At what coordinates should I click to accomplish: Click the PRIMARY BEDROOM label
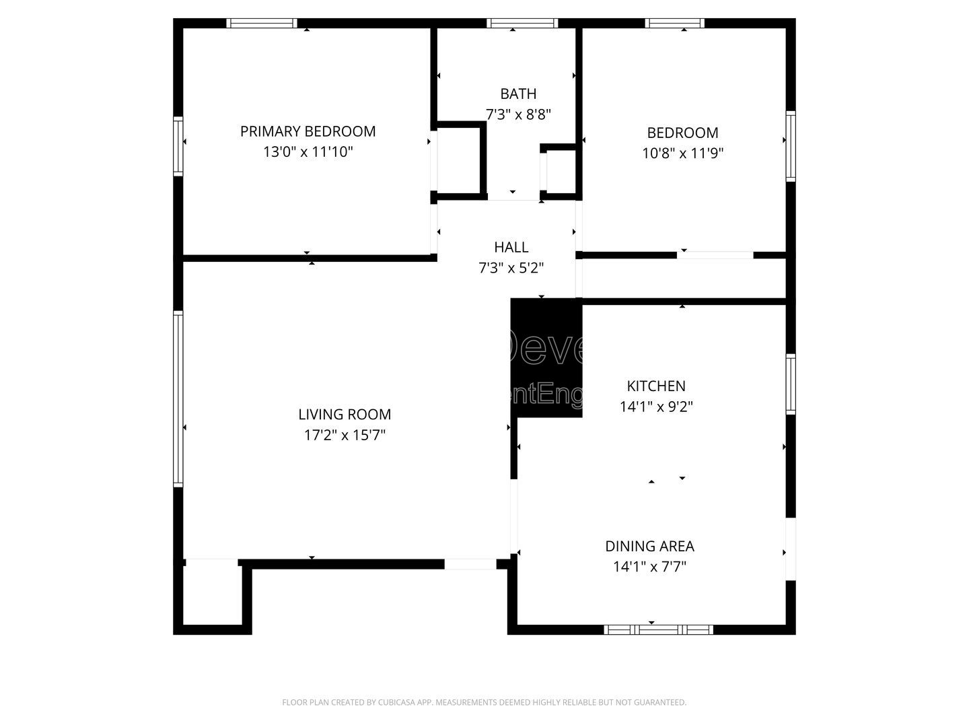pos(308,131)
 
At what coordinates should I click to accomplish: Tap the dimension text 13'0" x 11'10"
pos(308,152)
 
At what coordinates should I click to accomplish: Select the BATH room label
pos(518,94)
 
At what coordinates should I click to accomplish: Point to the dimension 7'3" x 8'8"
pos(518,114)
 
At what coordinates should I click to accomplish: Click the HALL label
pos(511,247)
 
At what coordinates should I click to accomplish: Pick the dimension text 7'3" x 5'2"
pos(511,268)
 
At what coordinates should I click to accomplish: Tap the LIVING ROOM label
pos(345,415)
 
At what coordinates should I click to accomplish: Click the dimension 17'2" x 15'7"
pos(345,436)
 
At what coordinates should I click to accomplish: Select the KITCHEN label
pos(656,386)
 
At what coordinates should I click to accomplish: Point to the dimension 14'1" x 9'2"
pos(656,407)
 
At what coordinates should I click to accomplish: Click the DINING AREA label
pos(649,546)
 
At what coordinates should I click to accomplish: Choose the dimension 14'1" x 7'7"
pos(649,567)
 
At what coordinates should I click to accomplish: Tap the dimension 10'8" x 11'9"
pos(682,153)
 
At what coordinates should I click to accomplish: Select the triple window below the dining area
pos(658,629)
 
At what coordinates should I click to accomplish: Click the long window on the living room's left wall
pos(178,399)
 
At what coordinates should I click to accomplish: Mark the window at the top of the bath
pos(522,23)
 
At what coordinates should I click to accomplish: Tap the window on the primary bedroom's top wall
pos(262,23)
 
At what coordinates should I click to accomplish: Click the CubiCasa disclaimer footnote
pos(484,702)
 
